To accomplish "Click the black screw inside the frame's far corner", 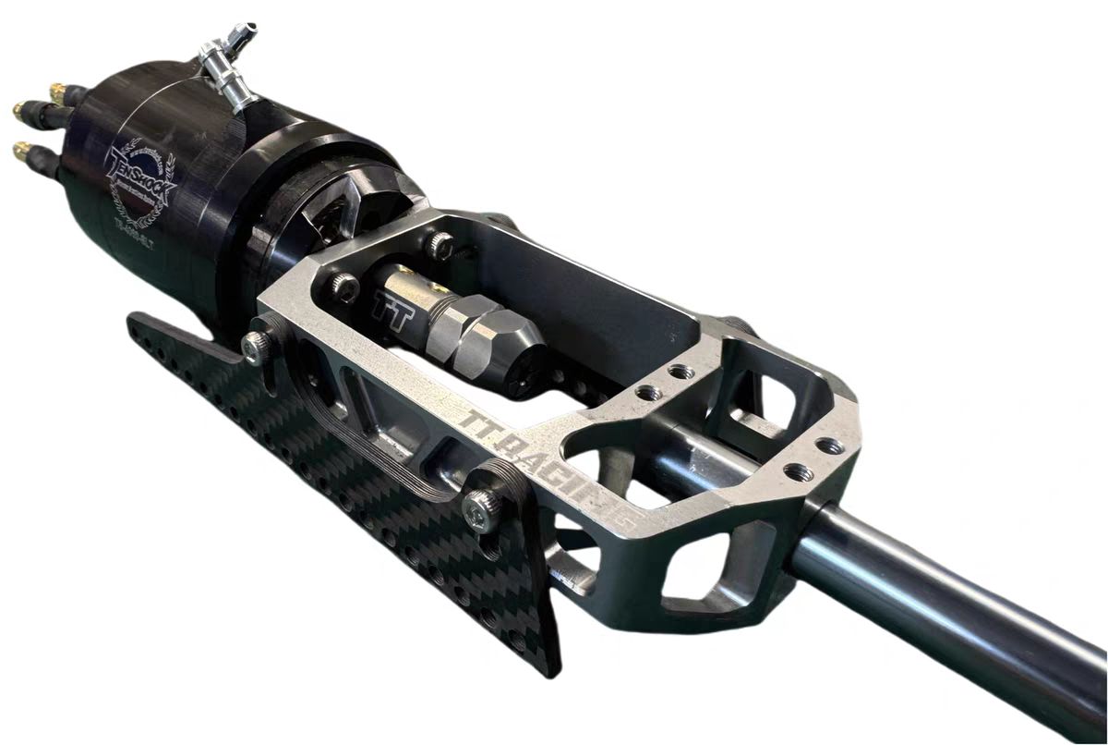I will [x=440, y=244].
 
